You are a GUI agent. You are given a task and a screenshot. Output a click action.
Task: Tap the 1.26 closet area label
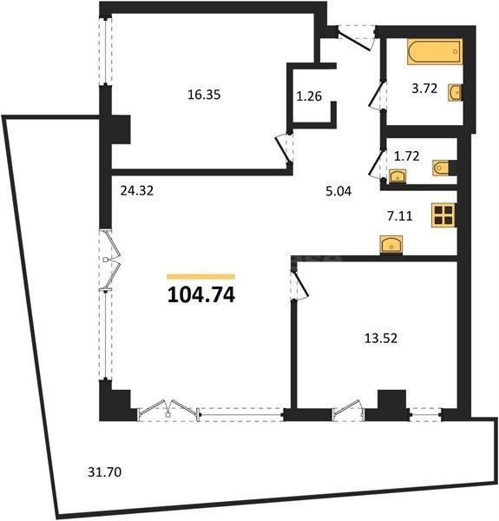309,96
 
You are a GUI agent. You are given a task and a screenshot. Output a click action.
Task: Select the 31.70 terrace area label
104,472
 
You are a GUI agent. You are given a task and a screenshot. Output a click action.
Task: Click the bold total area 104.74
200,294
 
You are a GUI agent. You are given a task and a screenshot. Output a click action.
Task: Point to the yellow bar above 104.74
200,275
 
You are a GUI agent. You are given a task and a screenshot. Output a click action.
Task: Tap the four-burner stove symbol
443,215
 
